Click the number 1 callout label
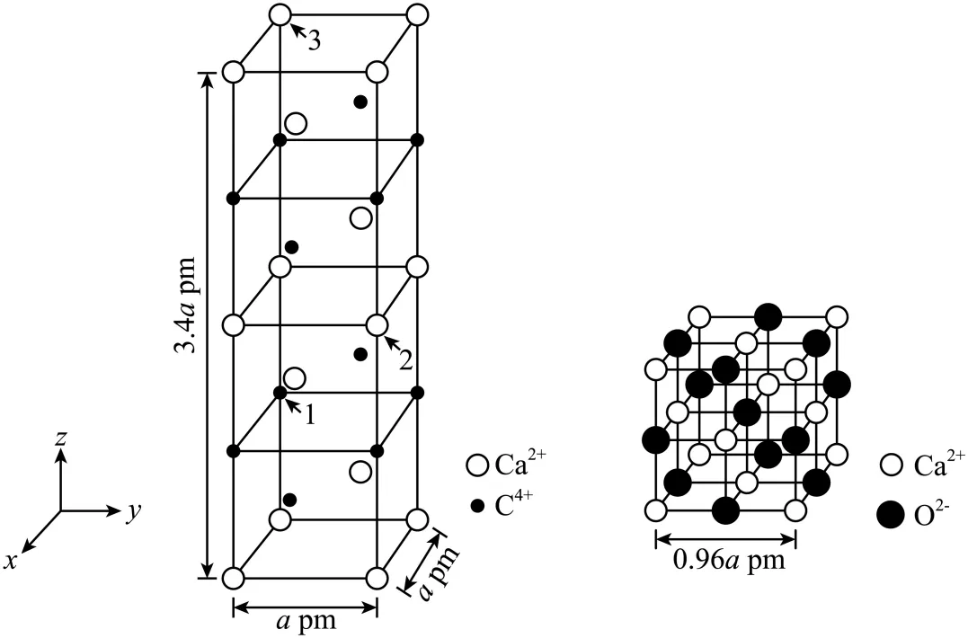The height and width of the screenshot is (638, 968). point(310,416)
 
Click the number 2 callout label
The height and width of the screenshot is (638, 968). point(405,361)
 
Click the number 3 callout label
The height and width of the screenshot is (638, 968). point(314,41)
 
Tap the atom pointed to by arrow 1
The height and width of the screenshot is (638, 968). point(280,393)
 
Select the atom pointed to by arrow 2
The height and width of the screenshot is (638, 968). point(377,324)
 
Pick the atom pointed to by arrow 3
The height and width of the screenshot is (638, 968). point(280,15)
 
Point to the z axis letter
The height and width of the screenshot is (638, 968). point(59,438)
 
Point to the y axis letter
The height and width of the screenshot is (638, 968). point(133,511)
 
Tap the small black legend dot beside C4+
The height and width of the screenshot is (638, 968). point(477,506)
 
